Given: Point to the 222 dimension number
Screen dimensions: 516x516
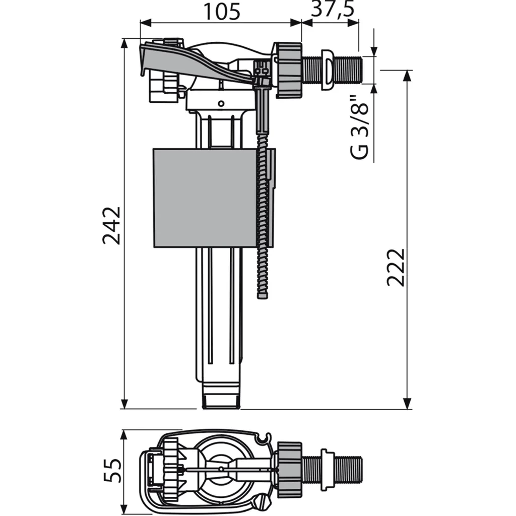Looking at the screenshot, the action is (396, 267).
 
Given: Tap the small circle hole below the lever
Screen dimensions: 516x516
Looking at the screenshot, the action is (221, 104).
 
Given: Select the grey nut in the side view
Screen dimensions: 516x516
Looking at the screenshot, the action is (289, 70).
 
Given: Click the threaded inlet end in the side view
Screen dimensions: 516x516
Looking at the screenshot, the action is (348, 70).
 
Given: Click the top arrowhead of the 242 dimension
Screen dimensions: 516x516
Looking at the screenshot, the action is (124, 43).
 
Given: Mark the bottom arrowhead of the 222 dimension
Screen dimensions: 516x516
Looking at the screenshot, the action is (407, 404).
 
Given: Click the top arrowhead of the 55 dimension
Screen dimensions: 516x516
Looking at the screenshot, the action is (124, 435).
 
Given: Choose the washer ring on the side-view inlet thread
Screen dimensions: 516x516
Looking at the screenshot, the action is (328, 70).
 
